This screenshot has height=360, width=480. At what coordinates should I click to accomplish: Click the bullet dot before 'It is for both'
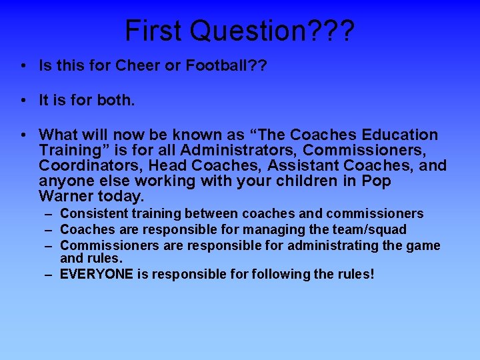pos(23,101)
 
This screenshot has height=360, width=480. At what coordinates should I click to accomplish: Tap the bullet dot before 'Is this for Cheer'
pos(23,66)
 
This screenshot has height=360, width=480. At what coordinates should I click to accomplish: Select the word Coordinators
pos(85,166)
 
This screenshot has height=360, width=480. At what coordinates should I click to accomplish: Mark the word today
pos(121,197)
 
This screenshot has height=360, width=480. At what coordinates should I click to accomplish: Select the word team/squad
pos(373,230)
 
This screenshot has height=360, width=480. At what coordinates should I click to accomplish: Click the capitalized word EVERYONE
pos(96,274)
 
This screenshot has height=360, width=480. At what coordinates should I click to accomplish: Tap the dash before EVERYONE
pos(50,274)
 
